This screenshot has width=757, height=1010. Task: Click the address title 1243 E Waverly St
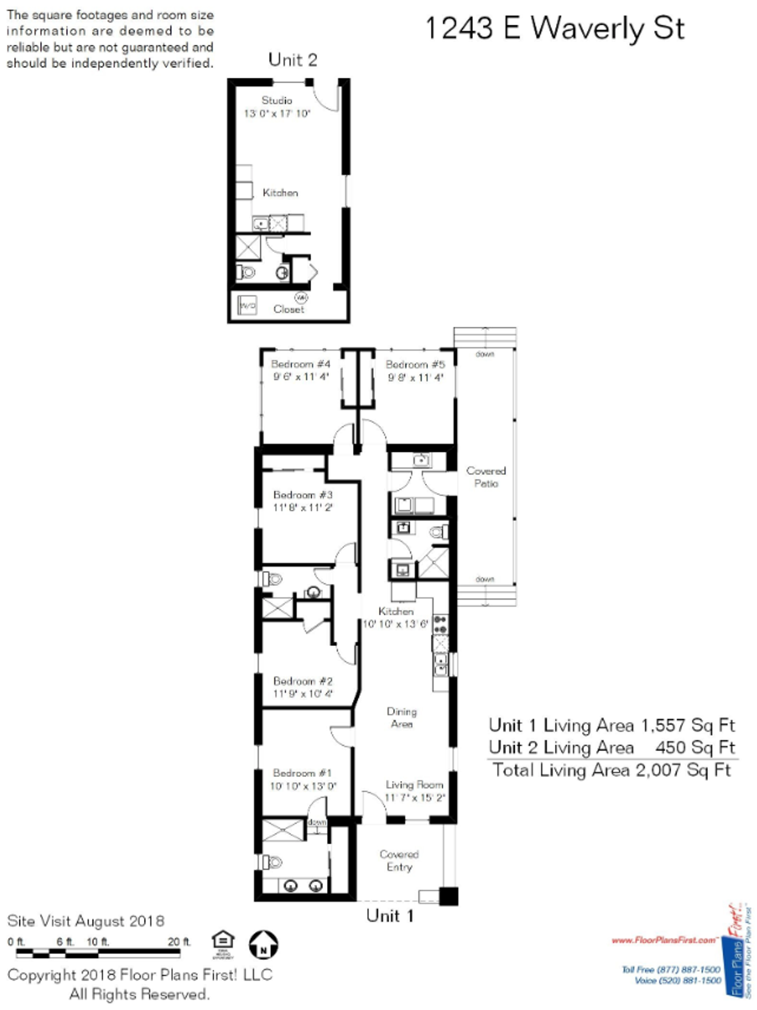(554, 28)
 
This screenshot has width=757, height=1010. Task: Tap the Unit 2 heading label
(293, 60)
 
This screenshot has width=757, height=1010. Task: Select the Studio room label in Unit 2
(277, 100)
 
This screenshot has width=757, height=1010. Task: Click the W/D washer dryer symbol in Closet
(247, 305)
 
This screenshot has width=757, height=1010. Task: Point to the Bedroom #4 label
(301, 364)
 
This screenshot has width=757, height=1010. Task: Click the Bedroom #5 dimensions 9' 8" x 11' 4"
(415, 378)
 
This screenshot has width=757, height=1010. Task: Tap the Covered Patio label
(485, 477)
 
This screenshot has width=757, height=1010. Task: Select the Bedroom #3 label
(303, 494)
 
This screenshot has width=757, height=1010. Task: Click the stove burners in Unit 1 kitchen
(440, 624)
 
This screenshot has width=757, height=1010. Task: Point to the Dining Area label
(402, 718)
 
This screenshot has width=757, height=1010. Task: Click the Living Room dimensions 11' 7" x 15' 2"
(415, 797)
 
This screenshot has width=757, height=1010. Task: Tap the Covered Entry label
(399, 861)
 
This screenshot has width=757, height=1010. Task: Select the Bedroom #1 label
(302, 773)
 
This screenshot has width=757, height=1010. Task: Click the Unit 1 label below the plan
(390, 916)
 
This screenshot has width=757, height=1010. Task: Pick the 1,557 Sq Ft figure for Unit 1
(688, 725)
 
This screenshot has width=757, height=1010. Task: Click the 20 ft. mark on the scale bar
(179, 942)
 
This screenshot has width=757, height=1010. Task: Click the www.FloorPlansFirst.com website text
(664, 940)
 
